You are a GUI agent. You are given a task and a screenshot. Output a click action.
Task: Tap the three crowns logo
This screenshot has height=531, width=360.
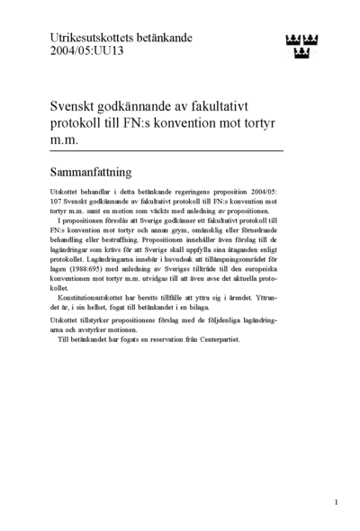(x=302, y=43)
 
